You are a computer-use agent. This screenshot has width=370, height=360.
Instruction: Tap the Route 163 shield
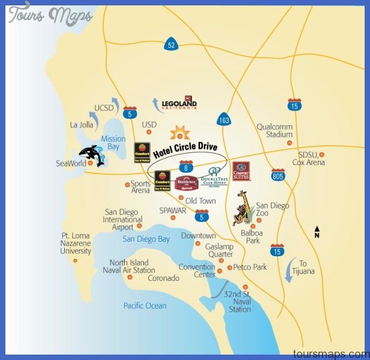224,119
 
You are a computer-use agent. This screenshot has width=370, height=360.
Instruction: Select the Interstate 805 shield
278,174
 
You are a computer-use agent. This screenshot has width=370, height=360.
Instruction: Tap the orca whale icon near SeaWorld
92,155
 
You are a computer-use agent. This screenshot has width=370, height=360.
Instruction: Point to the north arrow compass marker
317,232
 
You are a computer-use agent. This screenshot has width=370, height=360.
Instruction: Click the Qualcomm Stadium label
275,130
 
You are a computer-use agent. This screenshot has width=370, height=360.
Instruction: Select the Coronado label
163,278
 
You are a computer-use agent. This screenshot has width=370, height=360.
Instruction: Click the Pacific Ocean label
145,306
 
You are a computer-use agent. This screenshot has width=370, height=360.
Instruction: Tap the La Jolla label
82,125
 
